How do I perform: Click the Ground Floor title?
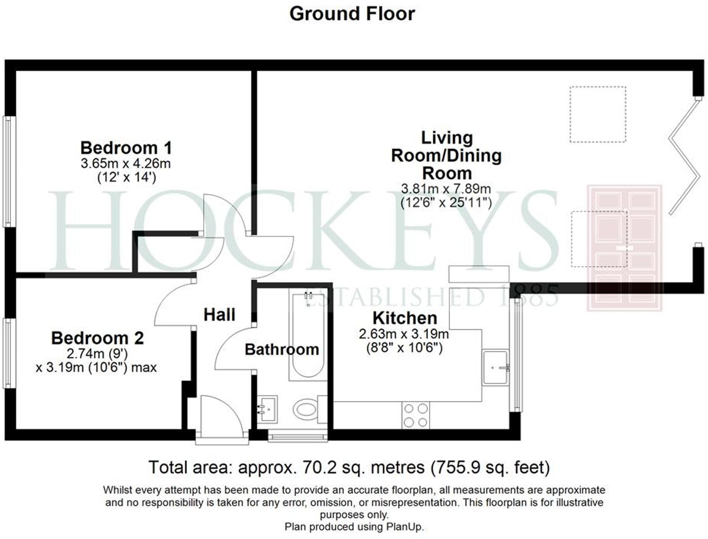[352, 14]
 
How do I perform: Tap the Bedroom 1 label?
[126, 148]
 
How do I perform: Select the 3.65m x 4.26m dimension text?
[126, 163]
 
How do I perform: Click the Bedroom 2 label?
[97, 338]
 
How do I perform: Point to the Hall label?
[219, 315]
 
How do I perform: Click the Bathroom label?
[282, 350]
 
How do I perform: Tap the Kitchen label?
[405, 318]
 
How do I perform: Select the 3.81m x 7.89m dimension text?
[446, 189]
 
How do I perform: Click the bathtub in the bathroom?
[308, 336]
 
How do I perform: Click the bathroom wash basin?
[267, 409]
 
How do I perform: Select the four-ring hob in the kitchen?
[415, 415]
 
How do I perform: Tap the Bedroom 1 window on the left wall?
[9, 171]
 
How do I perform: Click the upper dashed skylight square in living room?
[597, 114]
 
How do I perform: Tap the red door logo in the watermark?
[624, 248]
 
